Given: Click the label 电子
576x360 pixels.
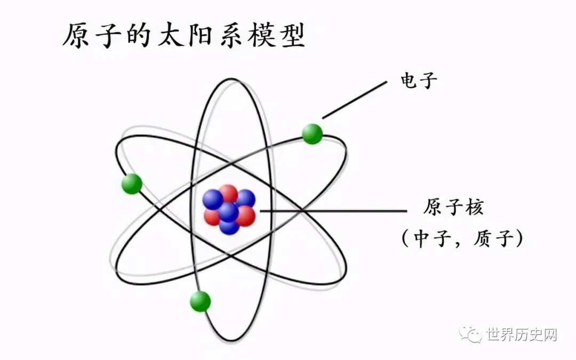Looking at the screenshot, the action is [x=419, y=81].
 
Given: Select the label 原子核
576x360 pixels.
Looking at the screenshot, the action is [x=453, y=207].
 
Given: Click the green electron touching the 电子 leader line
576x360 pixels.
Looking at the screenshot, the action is [x=313, y=133].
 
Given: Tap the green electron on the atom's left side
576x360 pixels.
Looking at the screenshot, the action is [x=132, y=184].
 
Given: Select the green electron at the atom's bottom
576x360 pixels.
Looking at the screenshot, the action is [x=201, y=301].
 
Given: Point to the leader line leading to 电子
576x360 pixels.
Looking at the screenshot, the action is [x=355, y=99].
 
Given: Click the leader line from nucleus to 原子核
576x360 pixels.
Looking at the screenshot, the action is [x=331, y=211].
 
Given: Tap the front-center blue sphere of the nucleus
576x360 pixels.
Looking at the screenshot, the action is [x=228, y=212].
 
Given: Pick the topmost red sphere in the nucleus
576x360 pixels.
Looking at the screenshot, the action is [x=228, y=194].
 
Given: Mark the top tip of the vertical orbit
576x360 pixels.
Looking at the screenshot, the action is [x=231, y=79].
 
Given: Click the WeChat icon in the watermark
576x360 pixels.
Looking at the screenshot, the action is [x=473, y=334].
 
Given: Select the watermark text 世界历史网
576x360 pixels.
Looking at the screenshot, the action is [x=521, y=335].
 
